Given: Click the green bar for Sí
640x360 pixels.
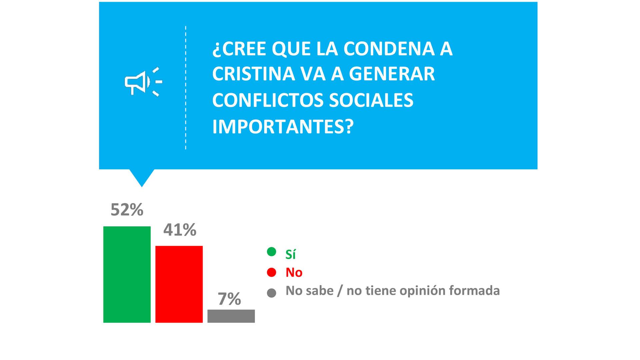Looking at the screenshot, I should [127, 274].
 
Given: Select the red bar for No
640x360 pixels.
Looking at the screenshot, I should [179, 284].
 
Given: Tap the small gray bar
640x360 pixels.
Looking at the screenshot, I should [231, 316].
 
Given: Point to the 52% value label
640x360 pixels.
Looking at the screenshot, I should [127, 210].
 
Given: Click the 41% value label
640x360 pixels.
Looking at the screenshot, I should [180, 230].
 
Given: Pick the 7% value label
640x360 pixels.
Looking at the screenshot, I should [229, 299].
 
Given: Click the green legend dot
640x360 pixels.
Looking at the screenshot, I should [271, 252].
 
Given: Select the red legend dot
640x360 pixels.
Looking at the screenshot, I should [271, 272].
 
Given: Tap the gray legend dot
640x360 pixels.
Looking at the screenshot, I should [271, 293].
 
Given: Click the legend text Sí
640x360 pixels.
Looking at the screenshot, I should [290, 254].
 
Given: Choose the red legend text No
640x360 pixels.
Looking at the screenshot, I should [294, 273].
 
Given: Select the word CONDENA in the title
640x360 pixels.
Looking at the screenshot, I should [389, 49].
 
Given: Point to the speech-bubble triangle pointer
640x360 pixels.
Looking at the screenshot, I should [142, 177].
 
